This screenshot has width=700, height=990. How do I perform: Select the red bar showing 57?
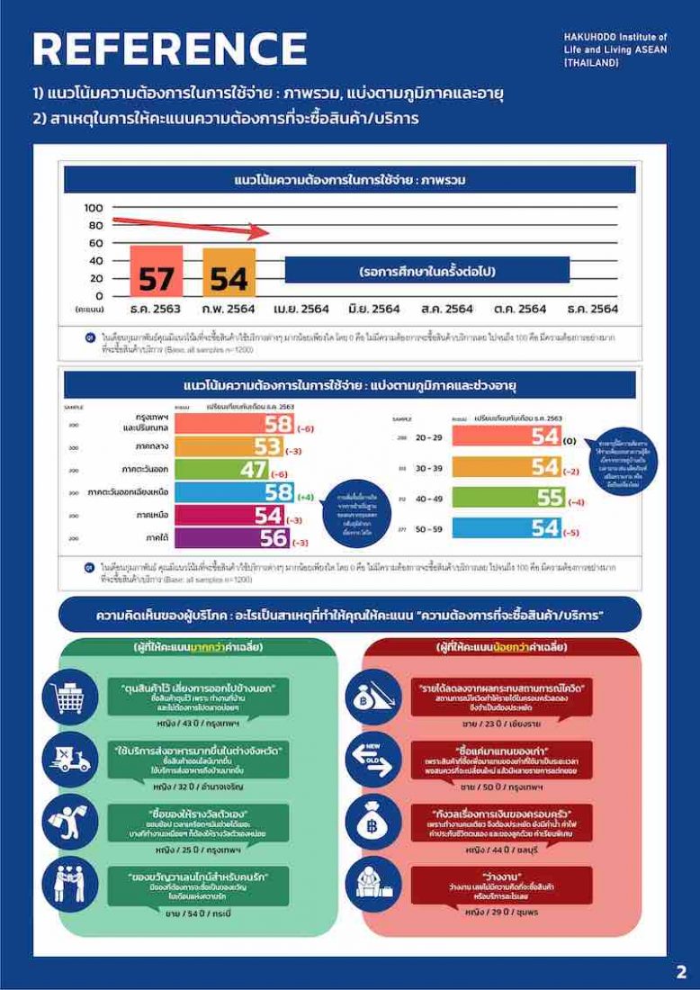pos(156,271)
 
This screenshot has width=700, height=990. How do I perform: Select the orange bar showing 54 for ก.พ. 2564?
pos(229,273)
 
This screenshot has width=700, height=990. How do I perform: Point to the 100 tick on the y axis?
pos(94,208)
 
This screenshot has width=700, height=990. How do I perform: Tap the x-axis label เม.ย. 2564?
pos(301,309)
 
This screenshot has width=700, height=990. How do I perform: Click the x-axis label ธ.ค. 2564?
pos(591,309)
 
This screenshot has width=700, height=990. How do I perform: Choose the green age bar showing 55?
pos(507,498)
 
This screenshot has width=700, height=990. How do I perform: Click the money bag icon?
pos(372,817)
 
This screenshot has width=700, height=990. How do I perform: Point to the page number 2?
pos(680,972)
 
